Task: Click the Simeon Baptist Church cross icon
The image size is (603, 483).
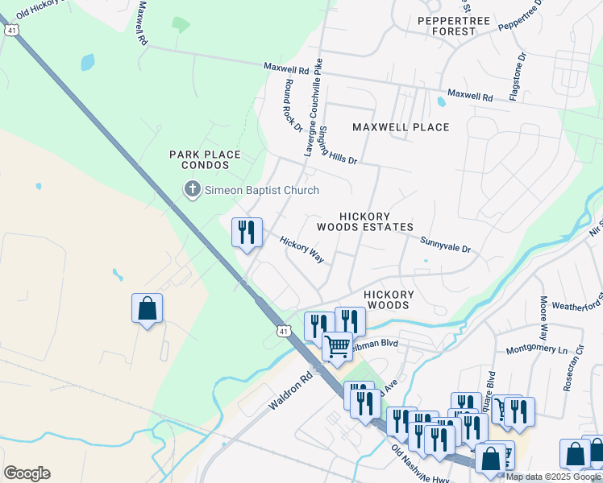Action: coord(192,190)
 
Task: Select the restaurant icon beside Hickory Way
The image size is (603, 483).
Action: coord(247,233)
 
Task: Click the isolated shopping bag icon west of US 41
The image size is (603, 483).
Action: coord(147,308)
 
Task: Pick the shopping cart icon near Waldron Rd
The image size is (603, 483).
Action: coord(338,347)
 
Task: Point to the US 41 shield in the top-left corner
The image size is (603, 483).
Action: coord(10,30)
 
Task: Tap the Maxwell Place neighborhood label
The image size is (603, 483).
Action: coord(401,127)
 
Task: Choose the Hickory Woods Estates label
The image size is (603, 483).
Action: coord(376,222)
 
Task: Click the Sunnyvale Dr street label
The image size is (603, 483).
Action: coord(445,242)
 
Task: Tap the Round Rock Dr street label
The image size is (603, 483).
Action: coord(291,104)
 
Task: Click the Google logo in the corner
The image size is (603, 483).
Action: coord(27,473)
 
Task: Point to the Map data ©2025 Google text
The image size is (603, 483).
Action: coord(553,477)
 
